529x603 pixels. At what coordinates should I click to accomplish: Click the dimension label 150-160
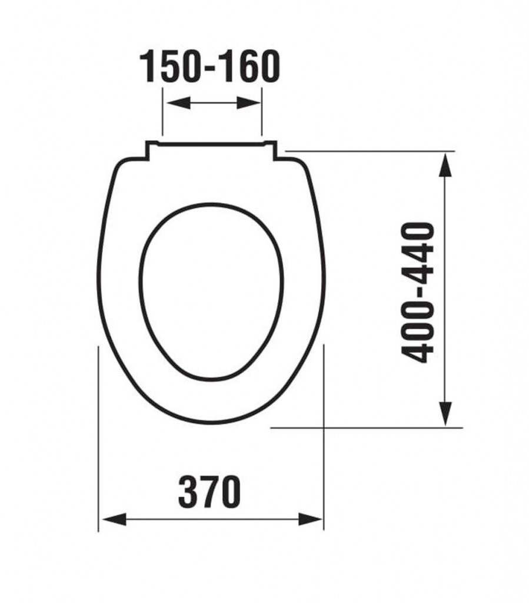click(209, 66)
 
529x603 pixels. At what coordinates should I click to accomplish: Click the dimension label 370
click(209, 492)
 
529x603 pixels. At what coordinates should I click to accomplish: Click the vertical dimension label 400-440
click(417, 293)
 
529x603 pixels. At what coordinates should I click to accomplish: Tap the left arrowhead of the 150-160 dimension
click(179, 102)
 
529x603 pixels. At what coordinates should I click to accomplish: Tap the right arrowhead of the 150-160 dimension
click(248, 102)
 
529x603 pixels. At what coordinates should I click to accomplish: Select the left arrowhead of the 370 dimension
click(115, 519)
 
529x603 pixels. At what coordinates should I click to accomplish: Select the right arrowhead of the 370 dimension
click(311, 519)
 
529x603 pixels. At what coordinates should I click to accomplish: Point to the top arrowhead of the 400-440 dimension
click(445, 165)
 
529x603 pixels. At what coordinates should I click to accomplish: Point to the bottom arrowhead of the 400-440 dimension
click(445, 413)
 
